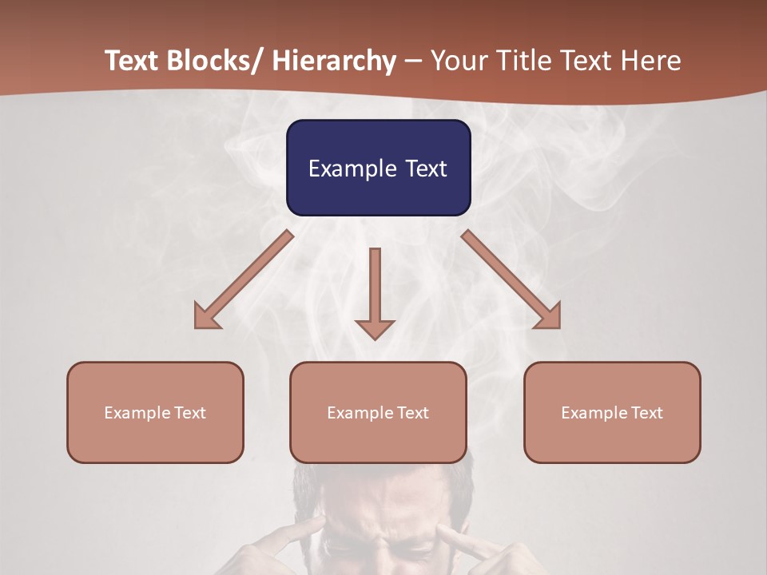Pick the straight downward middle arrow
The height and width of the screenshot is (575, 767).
[x=375, y=292]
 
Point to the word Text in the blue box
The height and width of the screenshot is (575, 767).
[x=425, y=169]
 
